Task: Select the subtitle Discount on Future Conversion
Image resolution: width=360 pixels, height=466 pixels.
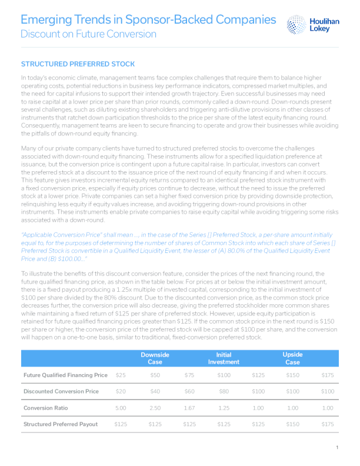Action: [x=89, y=34]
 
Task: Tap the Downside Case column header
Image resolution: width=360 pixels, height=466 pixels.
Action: [x=155, y=358]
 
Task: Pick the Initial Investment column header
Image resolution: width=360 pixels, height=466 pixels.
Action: [x=224, y=358]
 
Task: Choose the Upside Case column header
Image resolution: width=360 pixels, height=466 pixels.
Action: [x=292, y=358]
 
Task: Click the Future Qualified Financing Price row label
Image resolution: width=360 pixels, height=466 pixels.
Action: [x=65, y=375]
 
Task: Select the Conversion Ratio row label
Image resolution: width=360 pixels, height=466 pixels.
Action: [x=46, y=408]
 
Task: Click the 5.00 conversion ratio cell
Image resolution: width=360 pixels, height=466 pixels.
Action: [x=121, y=408]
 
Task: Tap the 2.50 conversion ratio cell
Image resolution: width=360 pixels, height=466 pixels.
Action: [x=155, y=408]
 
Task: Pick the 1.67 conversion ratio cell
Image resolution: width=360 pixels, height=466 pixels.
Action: [x=189, y=408]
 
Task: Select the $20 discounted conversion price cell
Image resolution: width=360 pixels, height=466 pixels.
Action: [x=121, y=391]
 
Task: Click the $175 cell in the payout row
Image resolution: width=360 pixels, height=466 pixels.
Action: [x=327, y=424]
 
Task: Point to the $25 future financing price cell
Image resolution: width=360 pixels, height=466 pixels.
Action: [x=121, y=375]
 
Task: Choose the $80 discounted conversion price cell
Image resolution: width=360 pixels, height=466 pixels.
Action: [x=224, y=391]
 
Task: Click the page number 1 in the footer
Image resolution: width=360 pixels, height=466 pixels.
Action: [x=337, y=448]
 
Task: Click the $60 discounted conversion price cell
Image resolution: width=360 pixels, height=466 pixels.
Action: [x=189, y=391]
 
